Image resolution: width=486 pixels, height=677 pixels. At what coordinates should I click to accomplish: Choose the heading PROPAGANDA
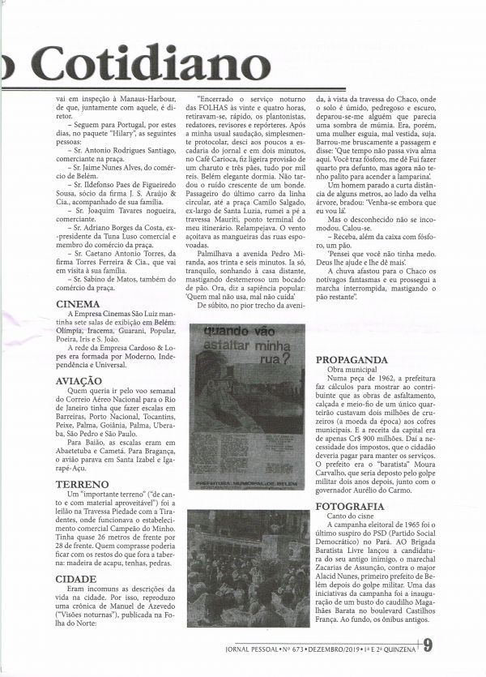point(352,358)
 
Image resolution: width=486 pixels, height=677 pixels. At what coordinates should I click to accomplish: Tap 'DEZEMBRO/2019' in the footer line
point(331,646)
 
